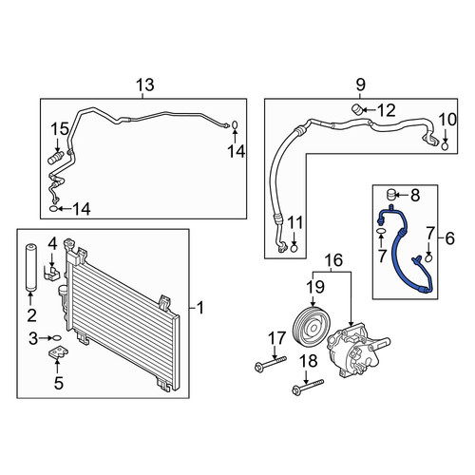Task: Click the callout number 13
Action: coord(145,85)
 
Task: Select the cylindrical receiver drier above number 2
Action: coord(30,267)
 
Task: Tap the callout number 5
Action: coord(59,383)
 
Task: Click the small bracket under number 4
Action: coord(52,273)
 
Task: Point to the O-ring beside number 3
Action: coord(56,338)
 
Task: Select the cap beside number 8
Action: coord(391,195)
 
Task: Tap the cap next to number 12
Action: coord(357,109)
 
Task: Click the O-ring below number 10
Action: coord(445,146)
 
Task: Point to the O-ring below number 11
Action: coord(294,248)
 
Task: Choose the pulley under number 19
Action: coord(312,324)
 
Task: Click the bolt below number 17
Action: coord(271,363)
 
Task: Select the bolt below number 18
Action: coord(308,387)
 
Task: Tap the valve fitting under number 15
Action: coord(56,158)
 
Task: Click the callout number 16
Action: coord(333,260)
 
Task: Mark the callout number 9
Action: coord(360,85)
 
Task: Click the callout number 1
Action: coord(200,308)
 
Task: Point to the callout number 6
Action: coord(449,238)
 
